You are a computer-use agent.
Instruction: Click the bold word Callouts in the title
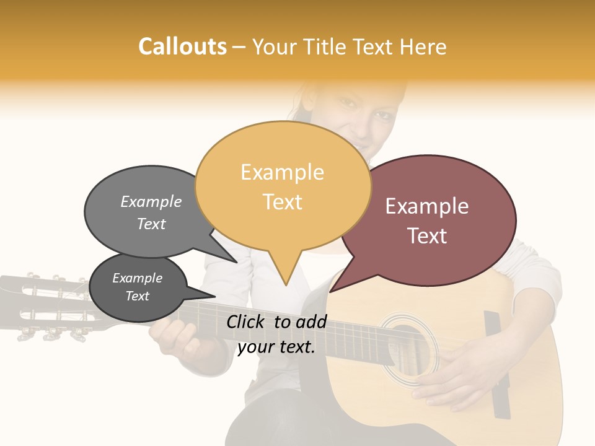click(182, 46)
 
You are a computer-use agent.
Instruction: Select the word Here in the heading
click(423, 47)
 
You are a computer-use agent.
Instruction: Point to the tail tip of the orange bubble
click(286, 285)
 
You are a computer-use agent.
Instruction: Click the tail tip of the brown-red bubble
click(330, 292)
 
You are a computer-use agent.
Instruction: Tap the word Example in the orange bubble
click(282, 172)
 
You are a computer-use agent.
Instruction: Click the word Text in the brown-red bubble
click(428, 236)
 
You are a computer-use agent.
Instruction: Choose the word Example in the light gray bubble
click(151, 202)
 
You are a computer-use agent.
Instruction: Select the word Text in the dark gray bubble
click(138, 296)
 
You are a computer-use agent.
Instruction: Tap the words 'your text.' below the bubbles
click(276, 348)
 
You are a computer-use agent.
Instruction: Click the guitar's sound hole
click(406, 350)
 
